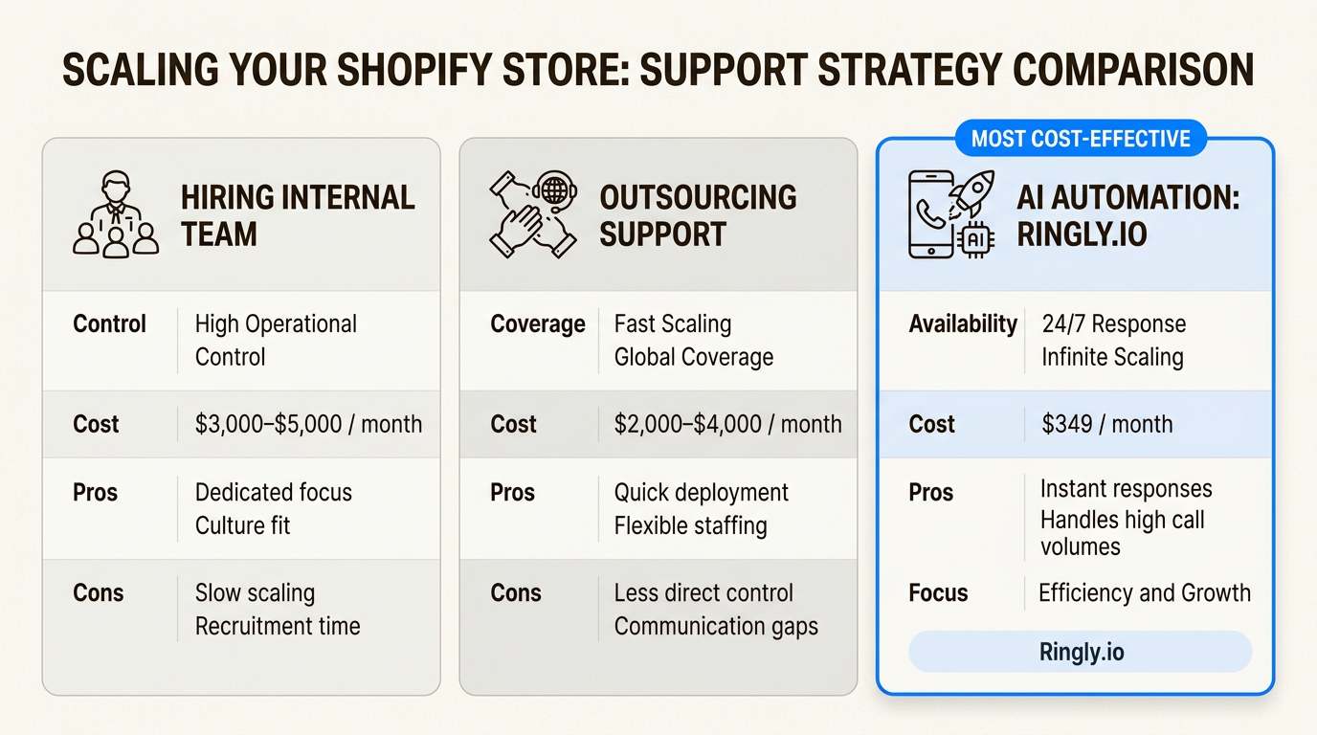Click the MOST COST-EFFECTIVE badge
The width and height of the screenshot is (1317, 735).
point(1081,140)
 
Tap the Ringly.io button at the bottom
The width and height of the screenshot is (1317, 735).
point(1081,653)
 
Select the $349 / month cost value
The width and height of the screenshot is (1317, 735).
point(1106,424)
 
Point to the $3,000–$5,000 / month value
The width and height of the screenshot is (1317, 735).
point(308,424)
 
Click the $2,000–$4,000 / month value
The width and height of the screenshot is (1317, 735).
point(727,424)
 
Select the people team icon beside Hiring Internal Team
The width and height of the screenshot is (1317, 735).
point(115,214)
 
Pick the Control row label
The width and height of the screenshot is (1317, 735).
point(109,324)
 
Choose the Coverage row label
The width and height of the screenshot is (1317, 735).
point(537,324)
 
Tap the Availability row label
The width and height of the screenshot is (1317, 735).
point(962,324)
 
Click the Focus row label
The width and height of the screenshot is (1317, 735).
point(938,593)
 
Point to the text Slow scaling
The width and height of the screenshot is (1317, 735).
point(255,593)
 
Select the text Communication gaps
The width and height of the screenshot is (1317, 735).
point(716,627)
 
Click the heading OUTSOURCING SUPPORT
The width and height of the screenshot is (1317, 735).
point(698,215)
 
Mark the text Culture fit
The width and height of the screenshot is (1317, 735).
point(242,525)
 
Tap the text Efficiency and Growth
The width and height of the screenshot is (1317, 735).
point(1145,593)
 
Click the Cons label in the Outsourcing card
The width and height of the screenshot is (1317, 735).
point(515,593)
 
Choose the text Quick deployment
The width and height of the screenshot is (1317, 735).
point(701,493)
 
